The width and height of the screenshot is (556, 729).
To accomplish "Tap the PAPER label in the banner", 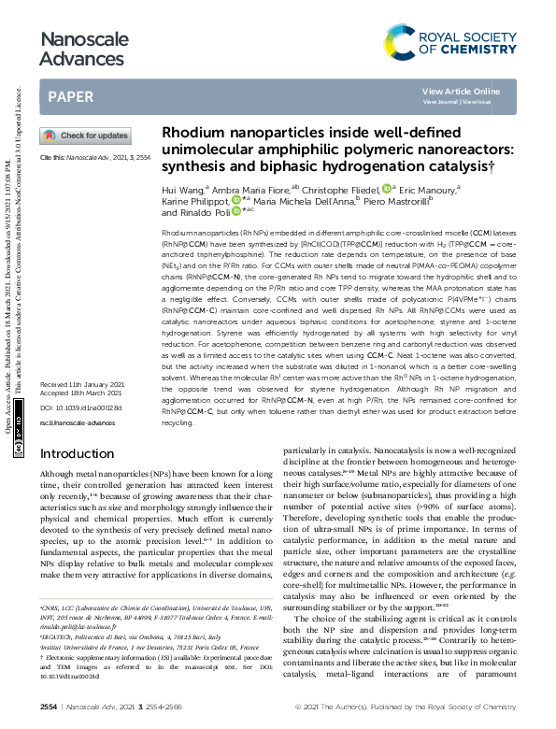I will point(70,96).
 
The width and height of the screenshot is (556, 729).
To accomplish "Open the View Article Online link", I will point(461,91).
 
